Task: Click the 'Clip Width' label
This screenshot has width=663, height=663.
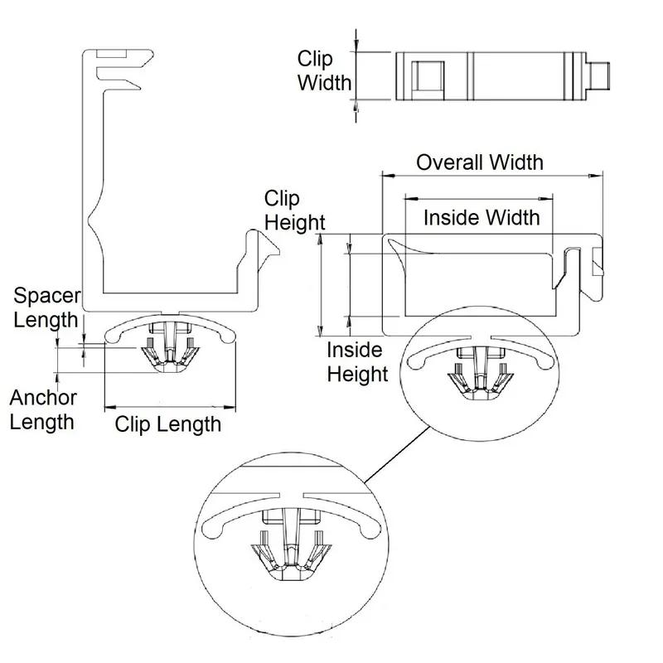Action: pos(324,70)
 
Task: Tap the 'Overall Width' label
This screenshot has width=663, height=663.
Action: pos(480,162)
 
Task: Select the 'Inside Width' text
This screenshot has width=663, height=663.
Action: pos(482,218)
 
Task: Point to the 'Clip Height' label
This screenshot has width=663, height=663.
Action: pos(295,211)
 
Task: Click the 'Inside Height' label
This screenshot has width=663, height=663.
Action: pos(357,362)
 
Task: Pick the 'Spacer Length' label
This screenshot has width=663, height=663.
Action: pos(46,307)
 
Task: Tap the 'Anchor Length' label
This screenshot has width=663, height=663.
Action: pos(43,409)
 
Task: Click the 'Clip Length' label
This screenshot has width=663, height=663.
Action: pos(168,424)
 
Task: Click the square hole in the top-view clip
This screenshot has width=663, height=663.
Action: pos(428,75)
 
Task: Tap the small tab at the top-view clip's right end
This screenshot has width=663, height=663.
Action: pos(598,76)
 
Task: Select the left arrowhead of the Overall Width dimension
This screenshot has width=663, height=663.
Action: pos(389,175)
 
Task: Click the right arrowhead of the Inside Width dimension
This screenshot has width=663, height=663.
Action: pos(546,198)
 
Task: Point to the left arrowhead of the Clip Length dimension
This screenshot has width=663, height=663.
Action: pos(111,407)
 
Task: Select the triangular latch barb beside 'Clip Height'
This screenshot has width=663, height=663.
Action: pos(269,251)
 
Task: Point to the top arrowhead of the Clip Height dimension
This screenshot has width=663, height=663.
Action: pos(321,240)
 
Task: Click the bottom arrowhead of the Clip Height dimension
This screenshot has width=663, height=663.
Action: pos(321,330)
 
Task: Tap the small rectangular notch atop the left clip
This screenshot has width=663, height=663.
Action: pos(111,54)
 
